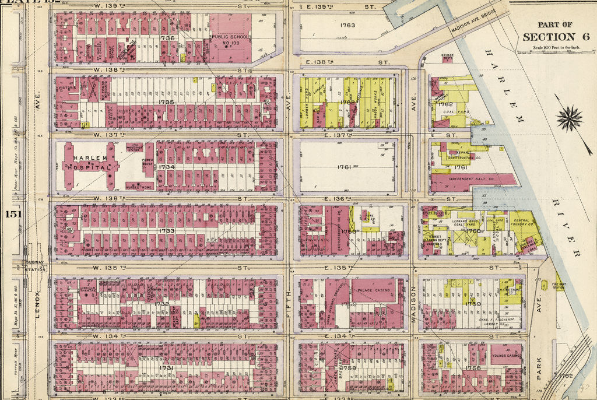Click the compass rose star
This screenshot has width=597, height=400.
[x=570, y=118]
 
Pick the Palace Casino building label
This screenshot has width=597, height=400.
[x=373, y=290]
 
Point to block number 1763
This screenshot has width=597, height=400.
[x=347, y=26]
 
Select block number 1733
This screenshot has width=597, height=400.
[x=166, y=231]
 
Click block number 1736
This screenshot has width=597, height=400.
[x=167, y=38]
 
